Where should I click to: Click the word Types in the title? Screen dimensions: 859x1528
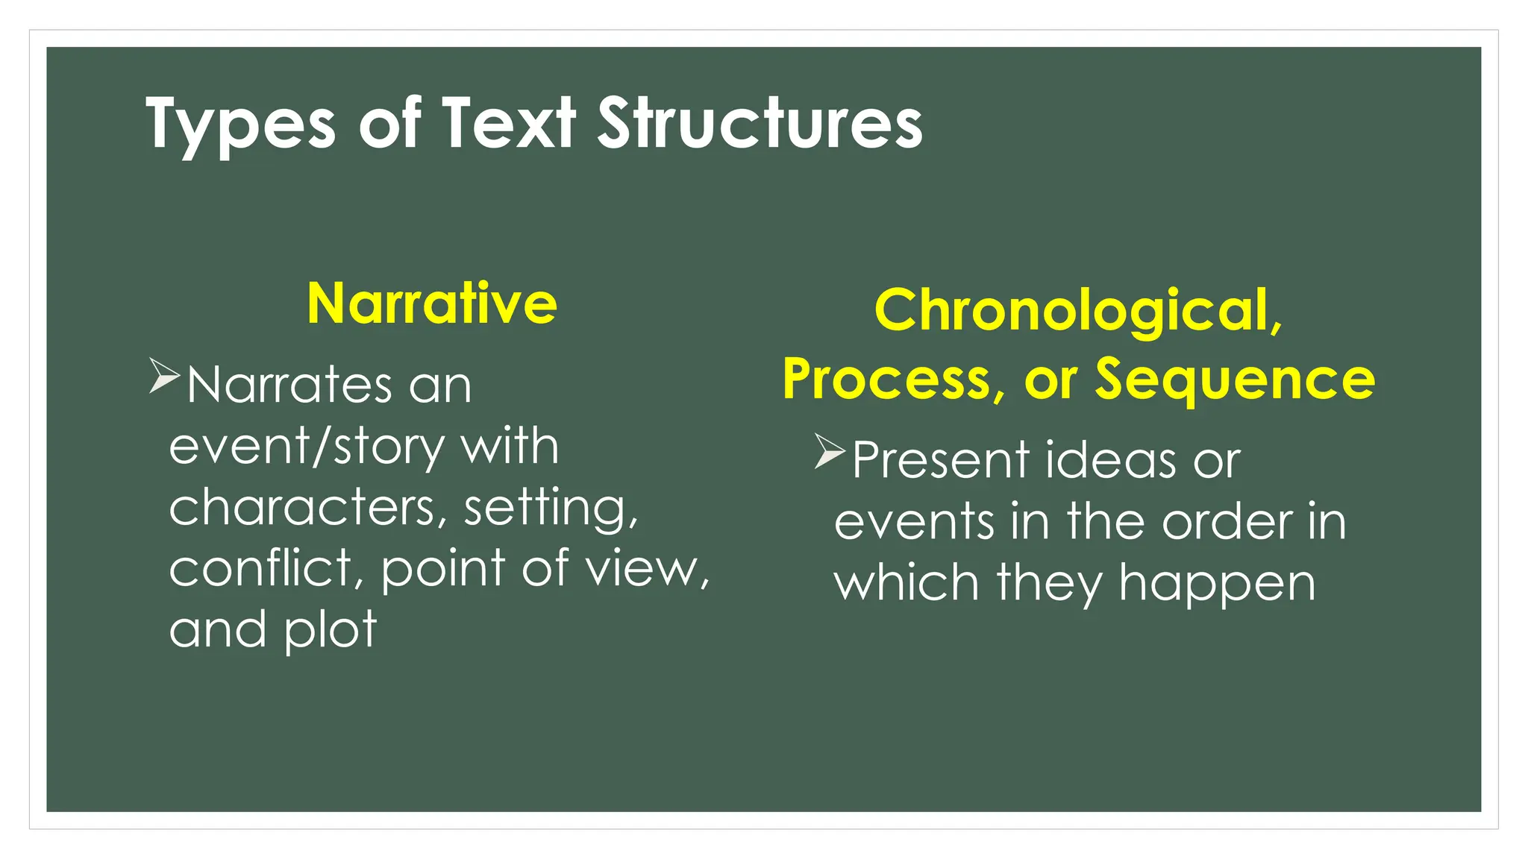(240, 125)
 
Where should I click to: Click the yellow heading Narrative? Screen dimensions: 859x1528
(432, 303)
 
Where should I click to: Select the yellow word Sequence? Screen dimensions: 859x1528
(1235, 379)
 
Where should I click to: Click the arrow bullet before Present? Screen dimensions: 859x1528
(829, 450)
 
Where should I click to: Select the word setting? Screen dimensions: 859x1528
(551, 509)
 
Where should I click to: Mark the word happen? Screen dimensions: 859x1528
(1217, 584)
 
